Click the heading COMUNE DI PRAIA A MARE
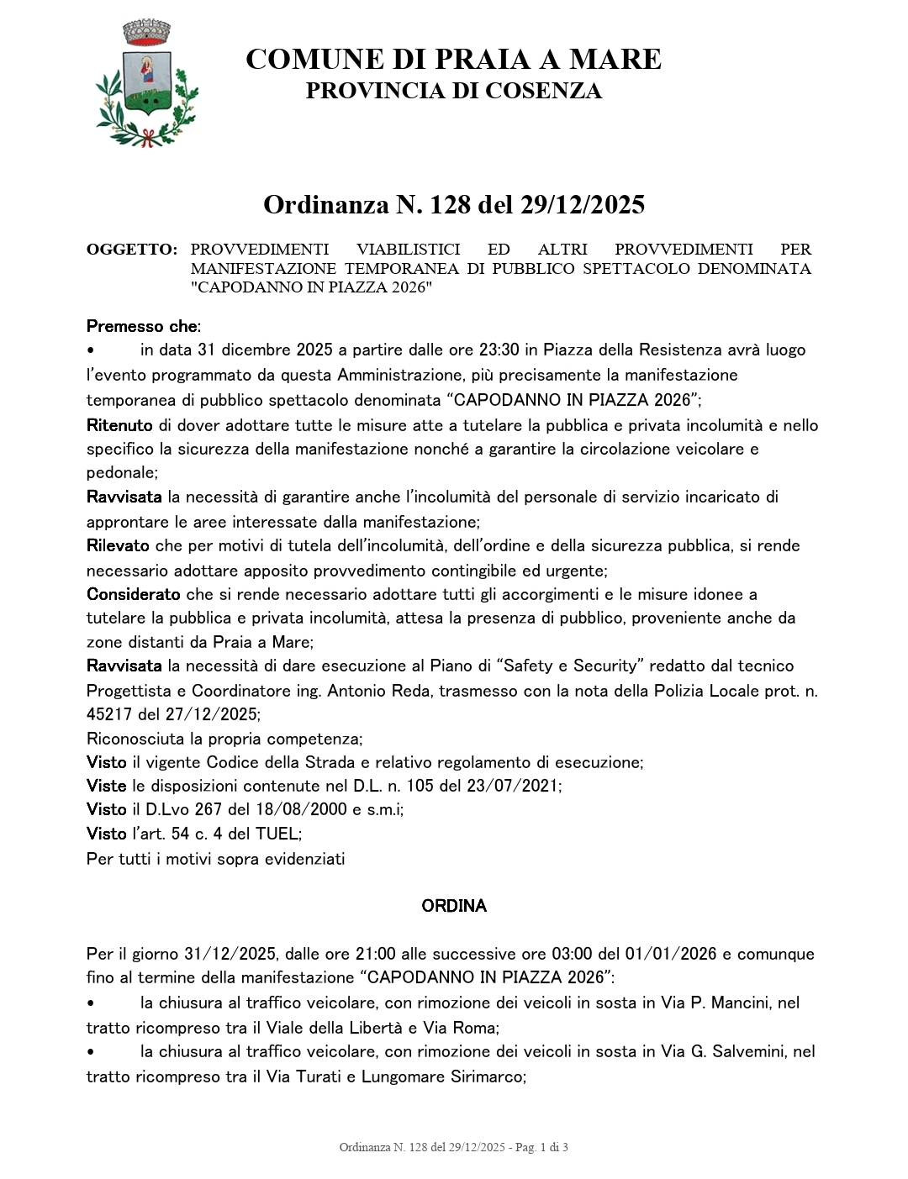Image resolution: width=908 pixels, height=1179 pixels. tap(453, 60)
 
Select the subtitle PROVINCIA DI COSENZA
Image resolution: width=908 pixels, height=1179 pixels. tap(453, 92)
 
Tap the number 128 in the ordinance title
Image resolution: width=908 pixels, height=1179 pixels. tap(451, 204)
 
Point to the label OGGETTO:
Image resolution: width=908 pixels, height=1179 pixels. tap(132, 250)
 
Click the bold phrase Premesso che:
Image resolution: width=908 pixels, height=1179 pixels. tap(144, 326)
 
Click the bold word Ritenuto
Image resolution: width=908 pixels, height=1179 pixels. tap(119, 425)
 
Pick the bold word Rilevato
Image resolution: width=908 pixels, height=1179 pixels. tap(118, 545)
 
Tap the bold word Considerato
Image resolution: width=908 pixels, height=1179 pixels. tap(133, 594)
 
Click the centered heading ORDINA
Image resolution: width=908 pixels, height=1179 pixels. tap(453, 906)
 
